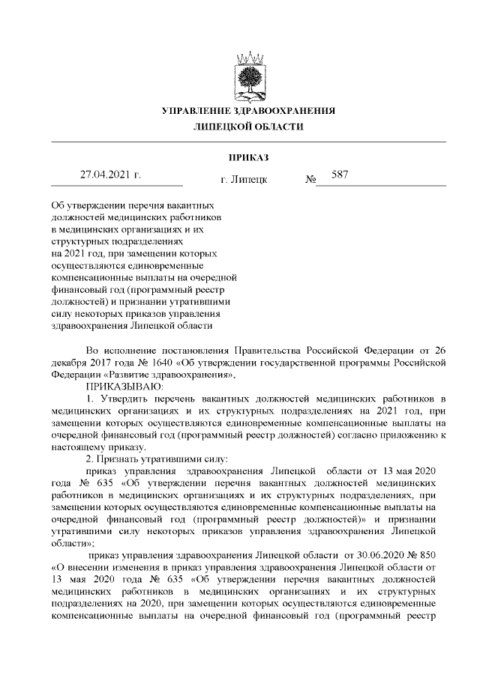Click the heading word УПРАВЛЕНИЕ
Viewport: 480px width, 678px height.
click(197, 111)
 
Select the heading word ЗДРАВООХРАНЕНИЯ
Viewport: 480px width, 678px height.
click(286, 111)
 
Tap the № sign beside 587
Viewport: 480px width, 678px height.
click(310, 181)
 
